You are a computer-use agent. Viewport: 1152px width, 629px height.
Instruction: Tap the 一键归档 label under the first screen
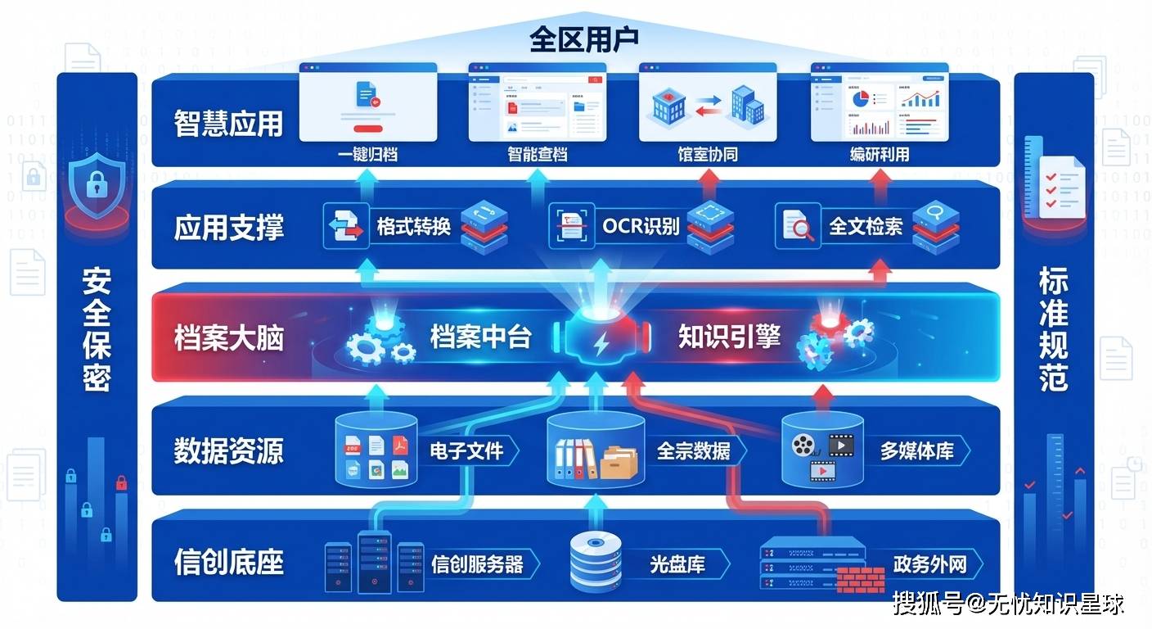click(368, 153)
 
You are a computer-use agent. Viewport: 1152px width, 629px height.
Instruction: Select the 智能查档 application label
click(537, 153)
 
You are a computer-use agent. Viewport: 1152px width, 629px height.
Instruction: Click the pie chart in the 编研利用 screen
click(860, 99)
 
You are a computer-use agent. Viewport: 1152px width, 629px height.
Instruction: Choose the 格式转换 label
click(414, 225)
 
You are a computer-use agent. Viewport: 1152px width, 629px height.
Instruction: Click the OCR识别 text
click(641, 225)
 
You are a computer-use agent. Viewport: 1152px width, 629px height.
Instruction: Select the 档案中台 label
click(481, 337)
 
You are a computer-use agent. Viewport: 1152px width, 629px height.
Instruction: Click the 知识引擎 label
click(729, 337)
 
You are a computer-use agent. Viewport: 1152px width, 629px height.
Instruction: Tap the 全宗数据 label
click(693, 450)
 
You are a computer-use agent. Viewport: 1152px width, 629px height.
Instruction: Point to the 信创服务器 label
click(477, 564)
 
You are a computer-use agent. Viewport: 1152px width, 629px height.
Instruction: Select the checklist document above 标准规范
click(1061, 187)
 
